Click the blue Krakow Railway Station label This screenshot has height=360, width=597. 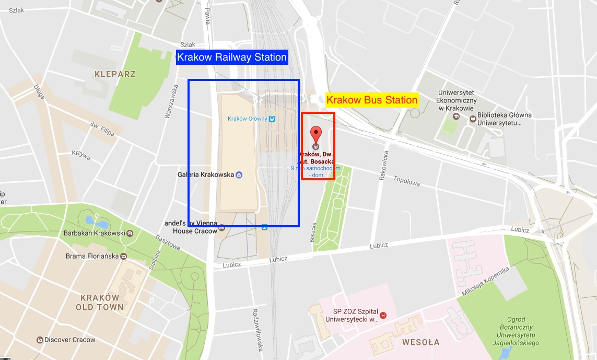click(232, 57)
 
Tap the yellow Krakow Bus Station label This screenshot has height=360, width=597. click(372, 100)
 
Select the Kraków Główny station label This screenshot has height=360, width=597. click(247, 119)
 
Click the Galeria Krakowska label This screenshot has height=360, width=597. click(206, 175)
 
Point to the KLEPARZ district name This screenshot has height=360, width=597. click(115, 74)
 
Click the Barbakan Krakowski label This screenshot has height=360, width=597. click(95, 233)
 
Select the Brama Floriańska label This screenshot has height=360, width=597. click(92, 256)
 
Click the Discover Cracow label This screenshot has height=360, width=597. click(69, 340)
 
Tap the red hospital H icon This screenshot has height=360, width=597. click(383, 315)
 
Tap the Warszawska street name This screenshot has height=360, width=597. click(170, 101)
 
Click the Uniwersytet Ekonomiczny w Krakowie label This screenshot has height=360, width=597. click(456, 100)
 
